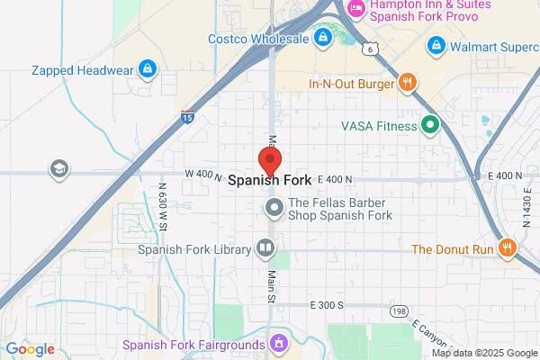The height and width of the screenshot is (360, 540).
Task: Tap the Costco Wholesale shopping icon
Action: click(322, 38)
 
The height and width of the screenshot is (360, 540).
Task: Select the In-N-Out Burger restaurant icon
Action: click(408, 84)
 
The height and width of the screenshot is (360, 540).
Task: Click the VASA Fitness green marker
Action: click(430, 125)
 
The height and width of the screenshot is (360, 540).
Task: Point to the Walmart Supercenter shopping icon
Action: click(436, 44)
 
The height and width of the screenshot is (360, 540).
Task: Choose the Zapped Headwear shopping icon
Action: click(148, 69)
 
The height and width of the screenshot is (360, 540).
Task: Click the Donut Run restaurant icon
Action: click(508, 248)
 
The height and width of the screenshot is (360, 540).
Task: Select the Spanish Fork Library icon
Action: click(265, 248)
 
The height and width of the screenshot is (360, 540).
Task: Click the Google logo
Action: click(30, 349)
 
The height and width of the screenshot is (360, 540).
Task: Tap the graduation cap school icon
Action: click(59, 168)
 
